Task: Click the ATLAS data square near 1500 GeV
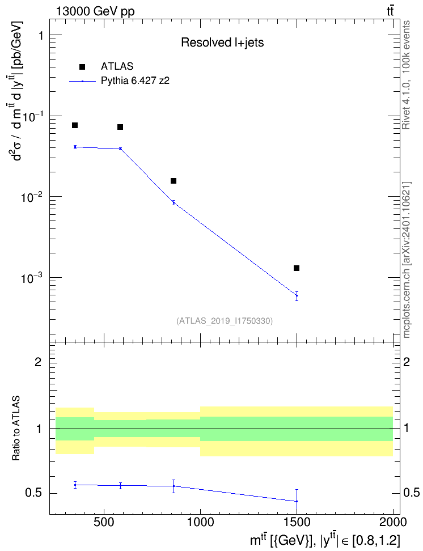(x=297, y=268)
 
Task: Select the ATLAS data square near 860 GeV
(x=174, y=181)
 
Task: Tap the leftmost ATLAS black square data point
(x=75, y=125)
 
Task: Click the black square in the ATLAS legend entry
(x=82, y=67)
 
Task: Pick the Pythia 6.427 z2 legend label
(x=135, y=80)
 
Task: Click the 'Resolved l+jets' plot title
(x=222, y=43)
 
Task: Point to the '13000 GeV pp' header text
(x=95, y=11)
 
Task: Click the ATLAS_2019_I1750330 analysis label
(x=225, y=320)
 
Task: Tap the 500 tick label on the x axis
(x=104, y=522)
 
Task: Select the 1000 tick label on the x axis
(x=200, y=522)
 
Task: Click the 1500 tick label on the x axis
(x=297, y=522)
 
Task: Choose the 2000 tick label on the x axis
(x=393, y=522)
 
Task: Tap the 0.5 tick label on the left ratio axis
(x=33, y=493)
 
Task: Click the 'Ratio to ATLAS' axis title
(x=16, y=429)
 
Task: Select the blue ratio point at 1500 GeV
(x=297, y=501)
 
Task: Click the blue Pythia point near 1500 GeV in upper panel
(x=297, y=295)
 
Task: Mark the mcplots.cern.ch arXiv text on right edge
(x=407, y=260)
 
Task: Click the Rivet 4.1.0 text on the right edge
(x=406, y=75)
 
